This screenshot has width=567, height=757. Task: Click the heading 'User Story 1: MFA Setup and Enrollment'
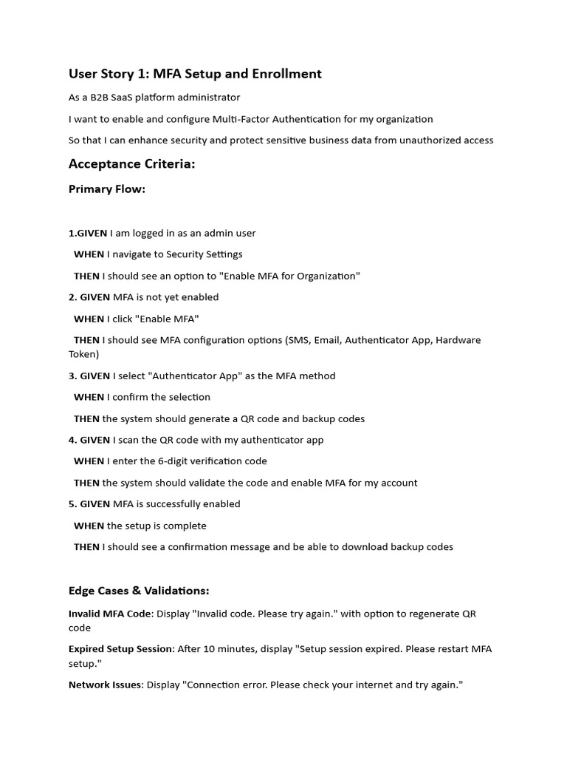(x=195, y=74)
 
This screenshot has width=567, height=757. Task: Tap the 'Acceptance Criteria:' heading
(x=131, y=164)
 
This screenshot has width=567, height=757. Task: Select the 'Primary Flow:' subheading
(x=107, y=189)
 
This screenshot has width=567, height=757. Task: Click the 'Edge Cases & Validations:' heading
(x=139, y=591)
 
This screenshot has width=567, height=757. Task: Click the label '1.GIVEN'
(x=88, y=233)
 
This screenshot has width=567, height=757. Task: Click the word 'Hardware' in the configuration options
(x=458, y=340)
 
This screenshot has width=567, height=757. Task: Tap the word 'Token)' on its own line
(x=83, y=354)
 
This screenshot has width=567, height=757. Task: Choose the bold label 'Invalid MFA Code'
(x=110, y=614)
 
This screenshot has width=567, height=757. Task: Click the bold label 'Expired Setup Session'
(x=121, y=649)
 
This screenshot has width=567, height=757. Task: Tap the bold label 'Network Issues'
(x=105, y=685)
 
